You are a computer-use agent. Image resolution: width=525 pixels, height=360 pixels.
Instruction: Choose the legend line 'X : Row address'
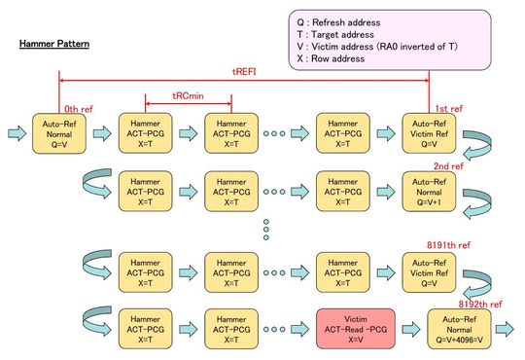point(337,58)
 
